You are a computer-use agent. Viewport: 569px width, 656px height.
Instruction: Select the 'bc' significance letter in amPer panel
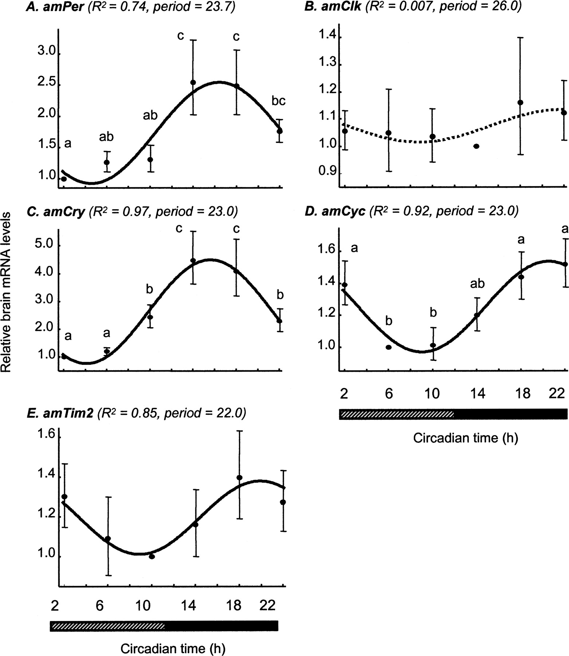tap(278, 101)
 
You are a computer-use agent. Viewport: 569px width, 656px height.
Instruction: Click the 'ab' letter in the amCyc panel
tap(477, 283)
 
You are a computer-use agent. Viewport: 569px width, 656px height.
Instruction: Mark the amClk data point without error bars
tap(476, 146)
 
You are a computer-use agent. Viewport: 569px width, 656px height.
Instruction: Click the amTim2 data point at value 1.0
tap(152, 557)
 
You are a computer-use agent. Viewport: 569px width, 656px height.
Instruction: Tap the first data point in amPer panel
tap(64, 179)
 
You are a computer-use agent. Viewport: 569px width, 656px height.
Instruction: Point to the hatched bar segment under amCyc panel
tap(396, 414)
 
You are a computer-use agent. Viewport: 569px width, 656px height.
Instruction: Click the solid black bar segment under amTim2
tap(221, 626)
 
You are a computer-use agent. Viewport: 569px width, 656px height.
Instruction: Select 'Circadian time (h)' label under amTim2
tap(173, 648)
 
